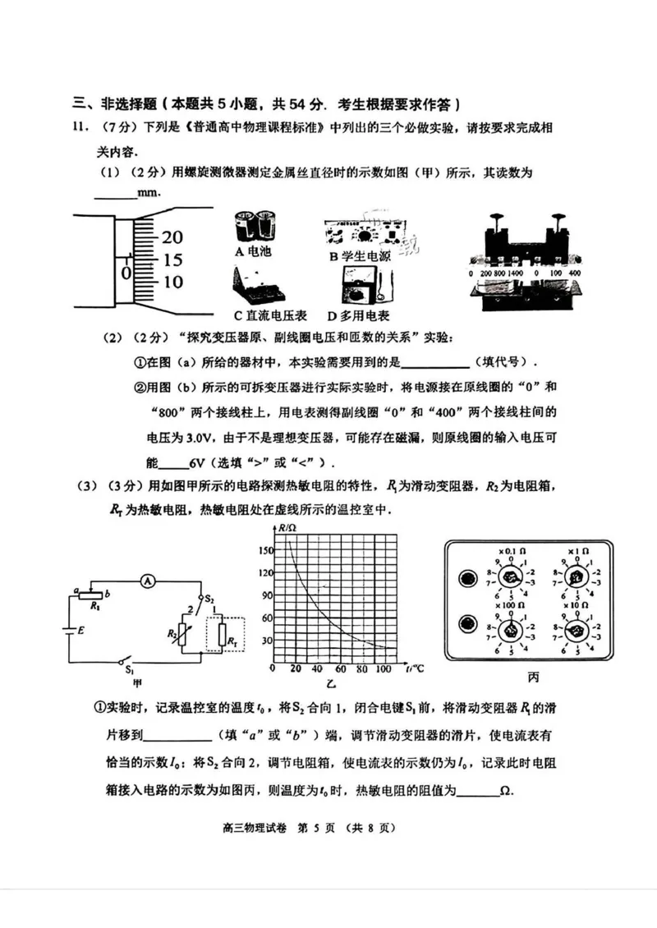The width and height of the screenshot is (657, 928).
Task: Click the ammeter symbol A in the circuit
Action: [x=147, y=581]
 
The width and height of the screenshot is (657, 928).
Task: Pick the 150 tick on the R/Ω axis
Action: [x=264, y=549]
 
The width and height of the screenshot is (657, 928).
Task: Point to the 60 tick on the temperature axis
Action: [x=341, y=670]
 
